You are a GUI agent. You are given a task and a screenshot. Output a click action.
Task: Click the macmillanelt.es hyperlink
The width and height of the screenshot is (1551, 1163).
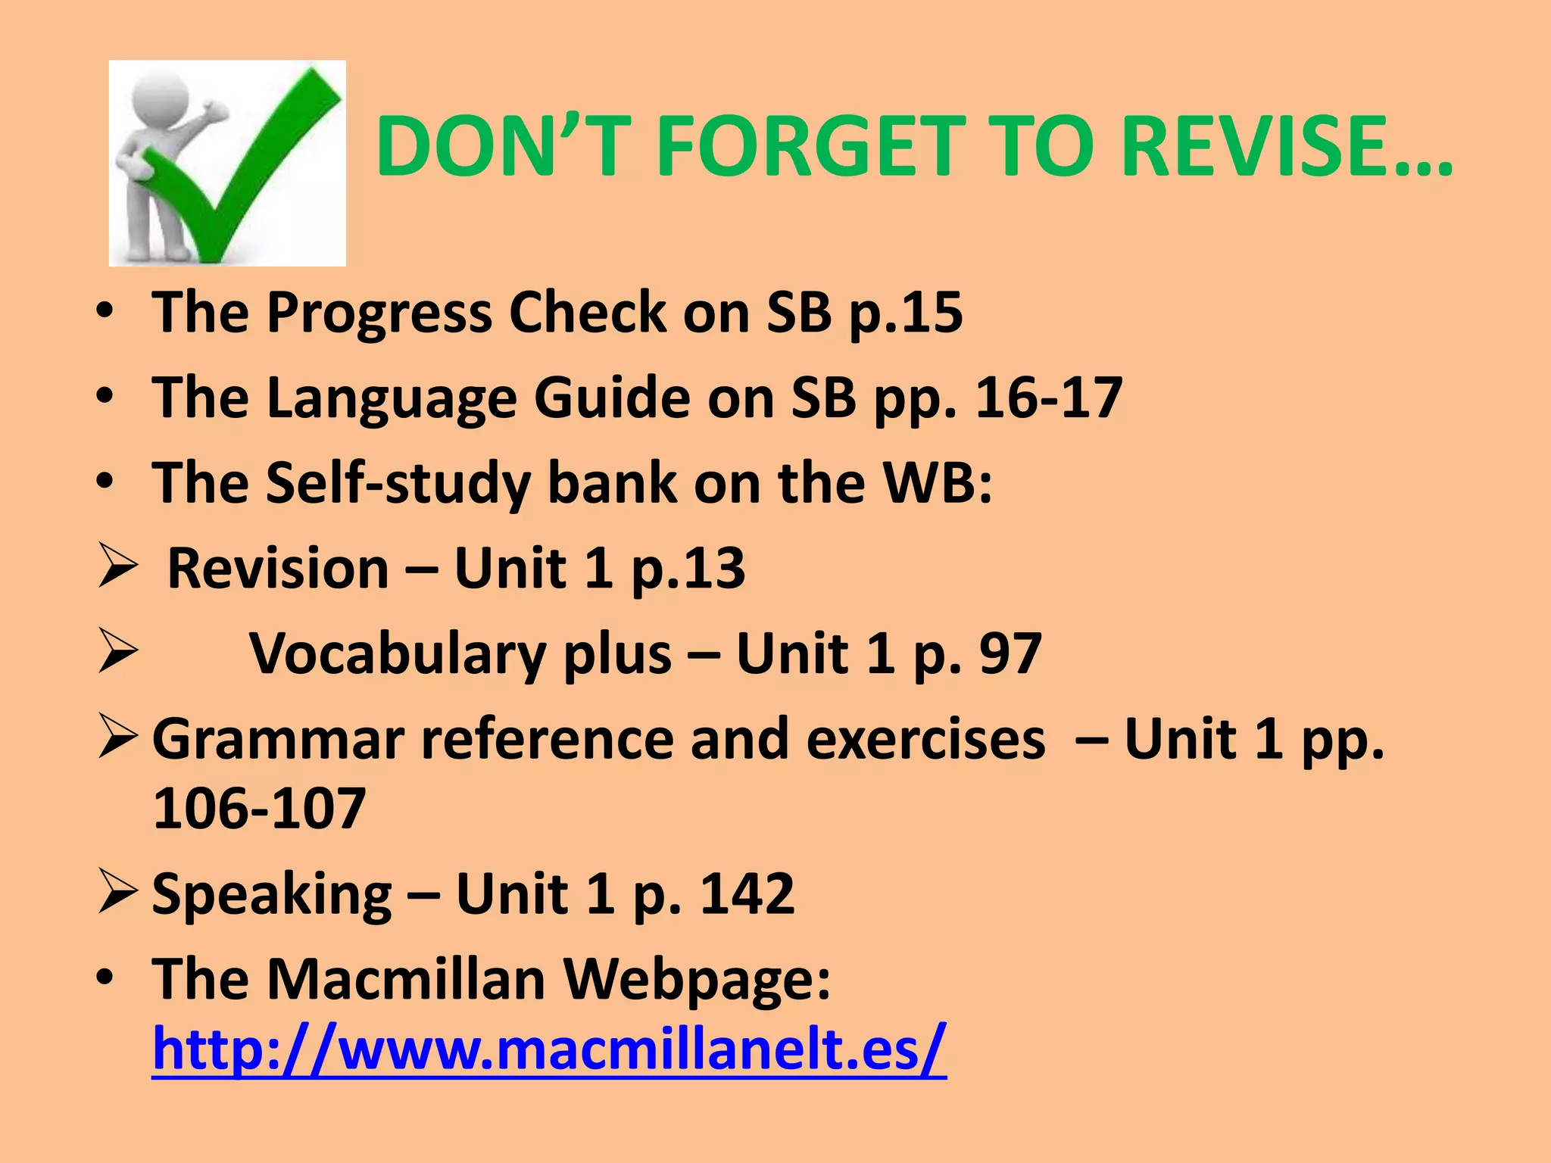(x=549, y=1049)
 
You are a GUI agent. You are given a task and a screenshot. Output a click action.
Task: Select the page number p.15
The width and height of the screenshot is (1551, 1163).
(x=906, y=312)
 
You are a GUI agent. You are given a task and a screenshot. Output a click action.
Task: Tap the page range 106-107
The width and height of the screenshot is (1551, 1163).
(x=260, y=809)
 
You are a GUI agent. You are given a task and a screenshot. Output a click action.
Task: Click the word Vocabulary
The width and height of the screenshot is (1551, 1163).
(x=398, y=654)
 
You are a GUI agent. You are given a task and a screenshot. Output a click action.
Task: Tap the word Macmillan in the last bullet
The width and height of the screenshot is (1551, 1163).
(x=406, y=978)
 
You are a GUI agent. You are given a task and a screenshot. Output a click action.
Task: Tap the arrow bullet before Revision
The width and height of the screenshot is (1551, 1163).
(x=117, y=569)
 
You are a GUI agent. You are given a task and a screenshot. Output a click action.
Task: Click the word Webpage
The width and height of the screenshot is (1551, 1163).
(x=697, y=980)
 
